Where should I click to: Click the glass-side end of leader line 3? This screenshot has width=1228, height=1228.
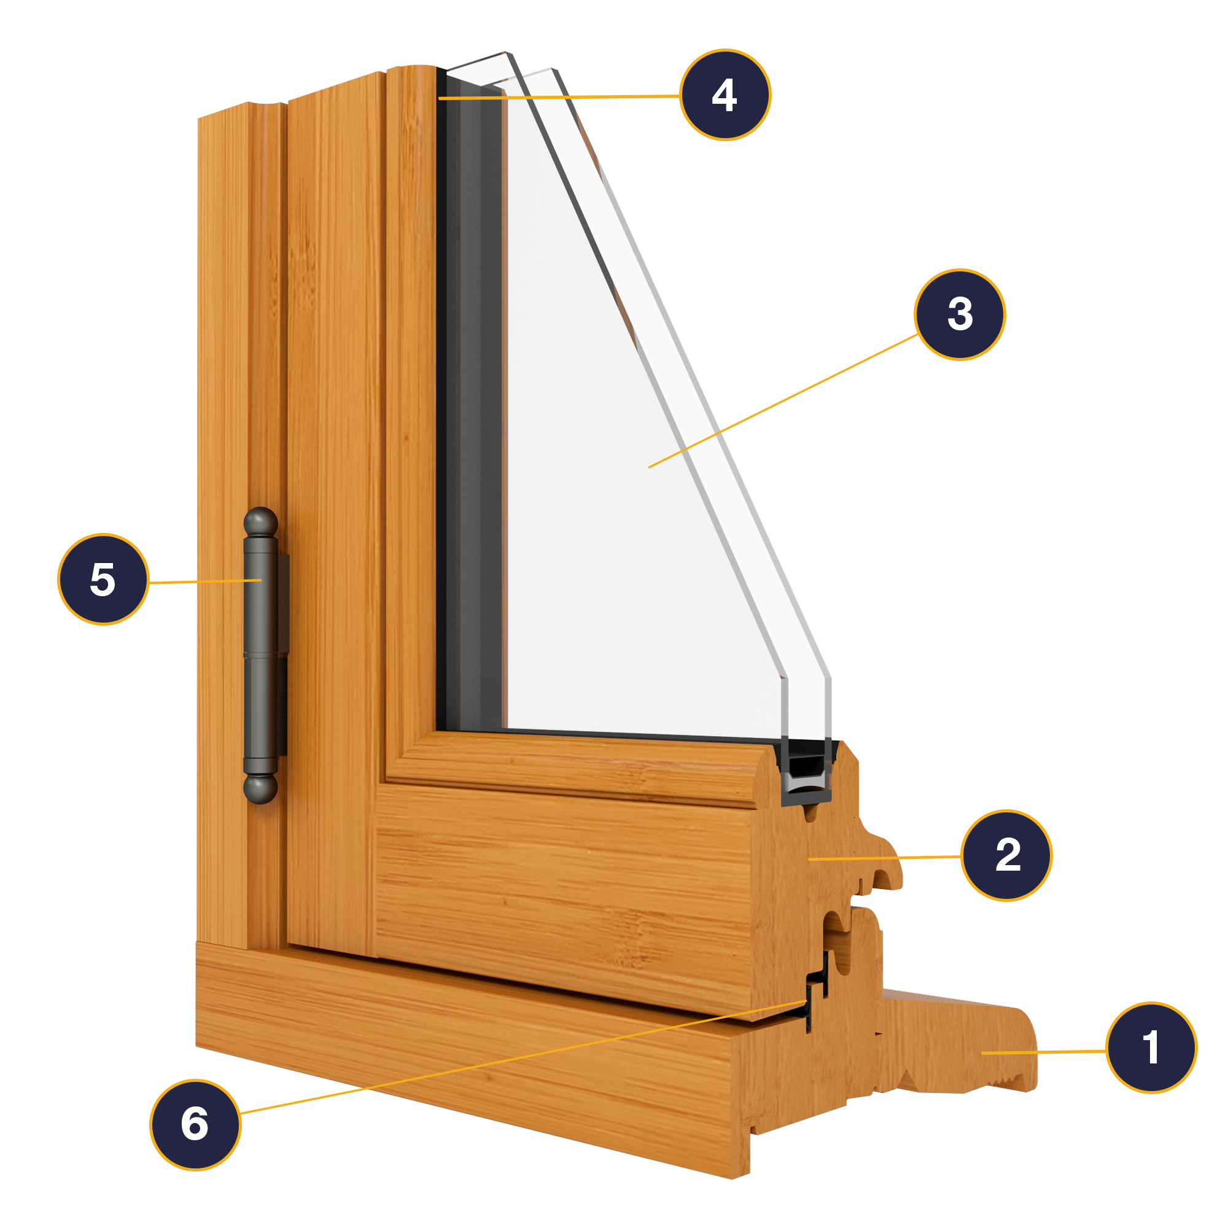coord(648,468)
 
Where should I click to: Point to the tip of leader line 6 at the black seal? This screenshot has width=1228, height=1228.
coord(807,1003)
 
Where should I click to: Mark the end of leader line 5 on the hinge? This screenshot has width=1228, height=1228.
coord(261,580)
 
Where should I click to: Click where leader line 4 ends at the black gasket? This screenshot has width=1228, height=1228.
coord(439,98)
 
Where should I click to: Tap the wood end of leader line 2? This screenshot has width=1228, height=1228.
coord(809,859)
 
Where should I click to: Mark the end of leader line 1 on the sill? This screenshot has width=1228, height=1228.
coord(982,1053)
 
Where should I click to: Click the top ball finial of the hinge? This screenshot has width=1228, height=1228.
coord(260,523)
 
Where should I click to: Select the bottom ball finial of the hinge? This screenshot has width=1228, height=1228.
coord(260,789)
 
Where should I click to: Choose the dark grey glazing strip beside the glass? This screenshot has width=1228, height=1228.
coord(473,407)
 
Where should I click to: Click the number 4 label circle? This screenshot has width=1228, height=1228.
coord(725,95)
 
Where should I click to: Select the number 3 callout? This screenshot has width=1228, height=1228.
coord(960,314)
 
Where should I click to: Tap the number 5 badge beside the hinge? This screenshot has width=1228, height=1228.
coord(104,579)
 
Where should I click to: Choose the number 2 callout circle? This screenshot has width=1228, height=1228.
coord(1006,855)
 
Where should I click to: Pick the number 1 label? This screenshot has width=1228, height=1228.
coord(1152,1048)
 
